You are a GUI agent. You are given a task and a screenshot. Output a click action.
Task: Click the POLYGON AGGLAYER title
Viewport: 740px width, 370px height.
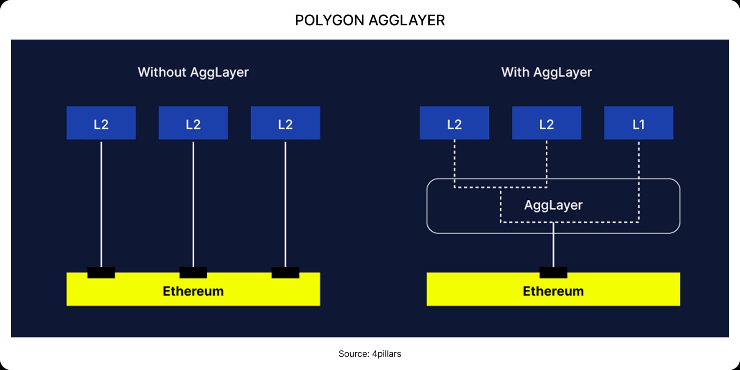(370, 20)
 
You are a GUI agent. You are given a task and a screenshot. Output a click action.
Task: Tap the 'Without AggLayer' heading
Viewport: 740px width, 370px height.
(193, 72)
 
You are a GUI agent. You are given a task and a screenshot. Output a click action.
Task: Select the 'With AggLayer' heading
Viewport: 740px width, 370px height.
(546, 72)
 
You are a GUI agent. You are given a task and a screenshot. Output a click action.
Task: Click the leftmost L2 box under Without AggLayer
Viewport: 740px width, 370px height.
(101, 123)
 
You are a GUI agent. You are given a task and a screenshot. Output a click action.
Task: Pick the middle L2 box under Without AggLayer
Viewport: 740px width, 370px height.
(193, 123)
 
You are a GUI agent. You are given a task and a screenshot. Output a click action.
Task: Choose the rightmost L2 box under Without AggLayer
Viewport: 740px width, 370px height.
(285, 123)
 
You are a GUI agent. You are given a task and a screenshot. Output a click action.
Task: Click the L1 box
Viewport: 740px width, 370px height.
(639, 123)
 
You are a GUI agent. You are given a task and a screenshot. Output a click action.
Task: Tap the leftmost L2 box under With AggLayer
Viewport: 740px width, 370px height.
(454, 123)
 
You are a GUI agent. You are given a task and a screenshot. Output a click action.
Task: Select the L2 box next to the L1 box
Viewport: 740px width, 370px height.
(547, 123)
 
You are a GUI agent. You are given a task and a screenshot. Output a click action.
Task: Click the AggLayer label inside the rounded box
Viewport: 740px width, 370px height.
(553, 205)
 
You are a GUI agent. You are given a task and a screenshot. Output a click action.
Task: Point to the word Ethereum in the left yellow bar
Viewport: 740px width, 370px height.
(193, 291)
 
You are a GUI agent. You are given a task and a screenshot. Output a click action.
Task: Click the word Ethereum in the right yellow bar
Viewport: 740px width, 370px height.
(553, 291)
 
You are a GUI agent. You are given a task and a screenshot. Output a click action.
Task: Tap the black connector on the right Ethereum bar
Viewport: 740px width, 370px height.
(553, 272)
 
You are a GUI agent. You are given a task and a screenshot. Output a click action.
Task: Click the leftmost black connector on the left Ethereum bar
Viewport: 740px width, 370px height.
(101, 272)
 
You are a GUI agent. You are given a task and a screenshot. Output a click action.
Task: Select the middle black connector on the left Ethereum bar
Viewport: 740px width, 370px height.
(193, 272)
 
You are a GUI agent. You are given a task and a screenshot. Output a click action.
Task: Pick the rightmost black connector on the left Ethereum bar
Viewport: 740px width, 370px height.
(285, 272)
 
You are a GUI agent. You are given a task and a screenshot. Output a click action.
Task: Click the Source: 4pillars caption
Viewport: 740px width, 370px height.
(370, 354)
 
